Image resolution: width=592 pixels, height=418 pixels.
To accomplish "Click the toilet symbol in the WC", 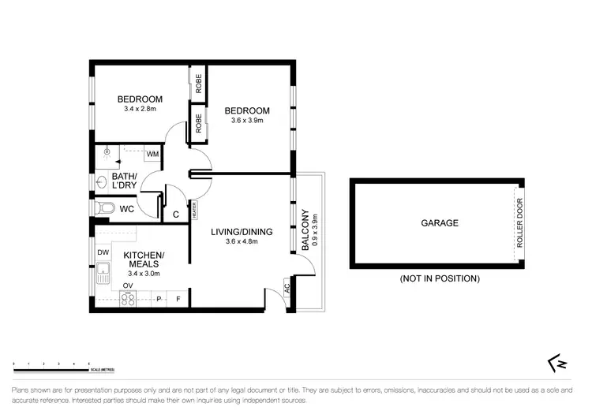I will [x=98, y=208].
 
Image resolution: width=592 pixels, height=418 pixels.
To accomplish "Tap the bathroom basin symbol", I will [x=99, y=182].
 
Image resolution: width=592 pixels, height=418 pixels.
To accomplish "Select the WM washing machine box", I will [x=152, y=154].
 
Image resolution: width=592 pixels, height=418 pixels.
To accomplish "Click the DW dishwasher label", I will [x=103, y=252].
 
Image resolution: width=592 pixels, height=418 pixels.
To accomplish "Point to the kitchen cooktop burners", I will [x=128, y=299].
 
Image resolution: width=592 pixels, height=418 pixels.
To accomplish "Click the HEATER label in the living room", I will [x=193, y=210].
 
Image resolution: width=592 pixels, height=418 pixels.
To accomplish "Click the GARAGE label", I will [x=439, y=223].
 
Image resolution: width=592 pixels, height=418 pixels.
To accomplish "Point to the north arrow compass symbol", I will [x=556, y=362].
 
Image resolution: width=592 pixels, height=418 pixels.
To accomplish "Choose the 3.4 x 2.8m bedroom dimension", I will [x=140, y=110].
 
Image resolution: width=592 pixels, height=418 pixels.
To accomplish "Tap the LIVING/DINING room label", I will [x=242, y=232].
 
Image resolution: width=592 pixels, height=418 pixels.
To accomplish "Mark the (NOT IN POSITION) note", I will [x=440, y=278].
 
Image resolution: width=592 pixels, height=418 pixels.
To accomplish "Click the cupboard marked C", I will [x=175, y=214].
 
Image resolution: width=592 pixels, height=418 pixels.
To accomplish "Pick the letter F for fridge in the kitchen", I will [x=179, y=299].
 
